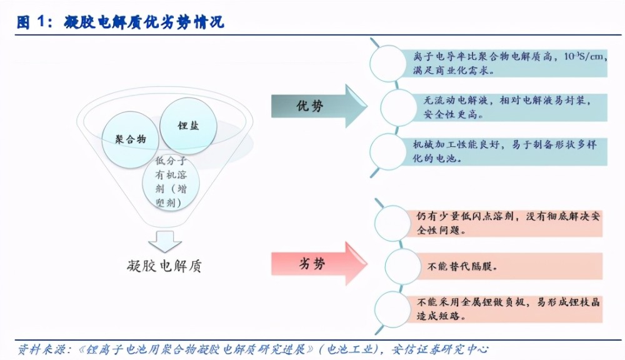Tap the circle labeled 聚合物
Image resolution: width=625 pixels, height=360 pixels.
[131, 139]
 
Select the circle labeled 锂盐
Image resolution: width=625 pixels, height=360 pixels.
[188, 126]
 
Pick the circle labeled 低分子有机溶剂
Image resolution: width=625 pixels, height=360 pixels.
[171, 182]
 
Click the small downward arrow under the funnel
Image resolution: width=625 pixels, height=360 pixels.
[165, 242]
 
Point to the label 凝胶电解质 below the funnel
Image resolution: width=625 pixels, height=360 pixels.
[164, 266]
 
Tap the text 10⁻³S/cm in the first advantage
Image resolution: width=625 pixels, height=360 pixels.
[583, 57]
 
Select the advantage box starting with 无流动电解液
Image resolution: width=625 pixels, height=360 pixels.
[505, 107]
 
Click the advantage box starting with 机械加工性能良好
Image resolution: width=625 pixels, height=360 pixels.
[500, 151]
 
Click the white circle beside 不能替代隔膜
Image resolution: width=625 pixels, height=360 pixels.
[403, 266]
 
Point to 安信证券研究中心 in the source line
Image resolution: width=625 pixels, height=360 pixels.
[440, 349]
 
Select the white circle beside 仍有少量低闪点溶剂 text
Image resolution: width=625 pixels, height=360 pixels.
[392, 223]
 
